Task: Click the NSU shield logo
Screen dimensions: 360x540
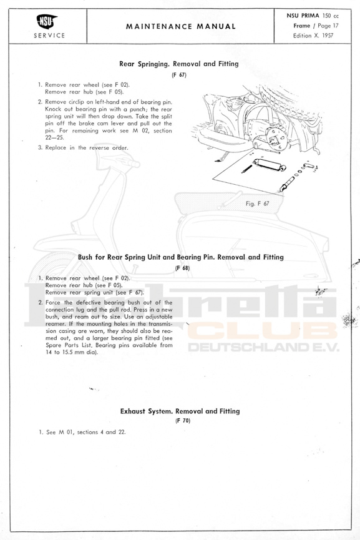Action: tap(47, 22)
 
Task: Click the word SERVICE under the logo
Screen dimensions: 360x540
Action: tap(49, 36)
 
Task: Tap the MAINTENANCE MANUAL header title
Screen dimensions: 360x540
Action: tap(181, 26)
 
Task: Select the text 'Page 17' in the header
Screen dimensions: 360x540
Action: tap(328, 26)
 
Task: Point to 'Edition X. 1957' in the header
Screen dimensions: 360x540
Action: tap(313, 35)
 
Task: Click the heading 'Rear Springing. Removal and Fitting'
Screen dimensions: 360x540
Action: tap(179, 64)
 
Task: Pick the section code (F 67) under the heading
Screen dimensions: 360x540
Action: tap(179, 75)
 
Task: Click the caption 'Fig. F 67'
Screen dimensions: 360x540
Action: tap(257, 204)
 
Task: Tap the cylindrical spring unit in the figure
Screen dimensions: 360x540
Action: tap(270, 165)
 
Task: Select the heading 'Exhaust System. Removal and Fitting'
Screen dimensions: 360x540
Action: tap(180, 411)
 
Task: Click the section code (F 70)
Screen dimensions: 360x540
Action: tap(183, 421)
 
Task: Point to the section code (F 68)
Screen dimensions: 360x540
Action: tap(182, 268)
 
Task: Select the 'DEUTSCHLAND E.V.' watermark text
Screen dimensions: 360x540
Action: tap(263, 347)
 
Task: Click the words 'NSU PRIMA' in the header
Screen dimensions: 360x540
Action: tap(303, 16)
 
